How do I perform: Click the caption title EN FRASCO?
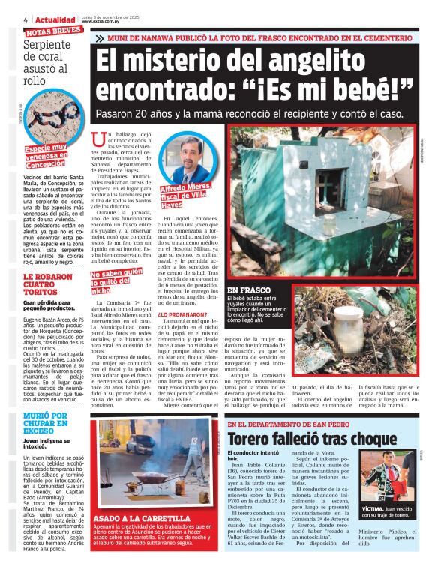247,289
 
